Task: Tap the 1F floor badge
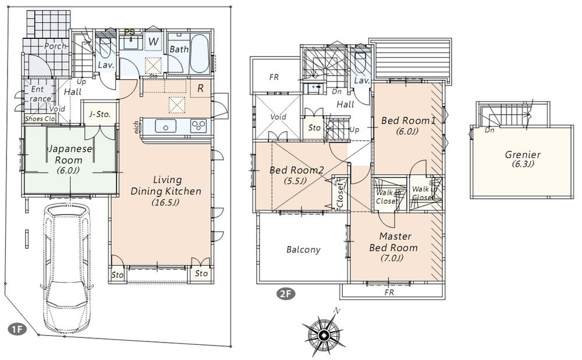[17, 329]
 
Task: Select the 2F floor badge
[285, 294]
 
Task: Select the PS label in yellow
[131, 31]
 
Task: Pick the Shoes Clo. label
[39, 119]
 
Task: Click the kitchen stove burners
[198, 126]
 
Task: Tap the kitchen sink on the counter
[166, 127]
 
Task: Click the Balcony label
[303, 249]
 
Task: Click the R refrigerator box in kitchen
[200, 89]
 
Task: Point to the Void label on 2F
[279, 117]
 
